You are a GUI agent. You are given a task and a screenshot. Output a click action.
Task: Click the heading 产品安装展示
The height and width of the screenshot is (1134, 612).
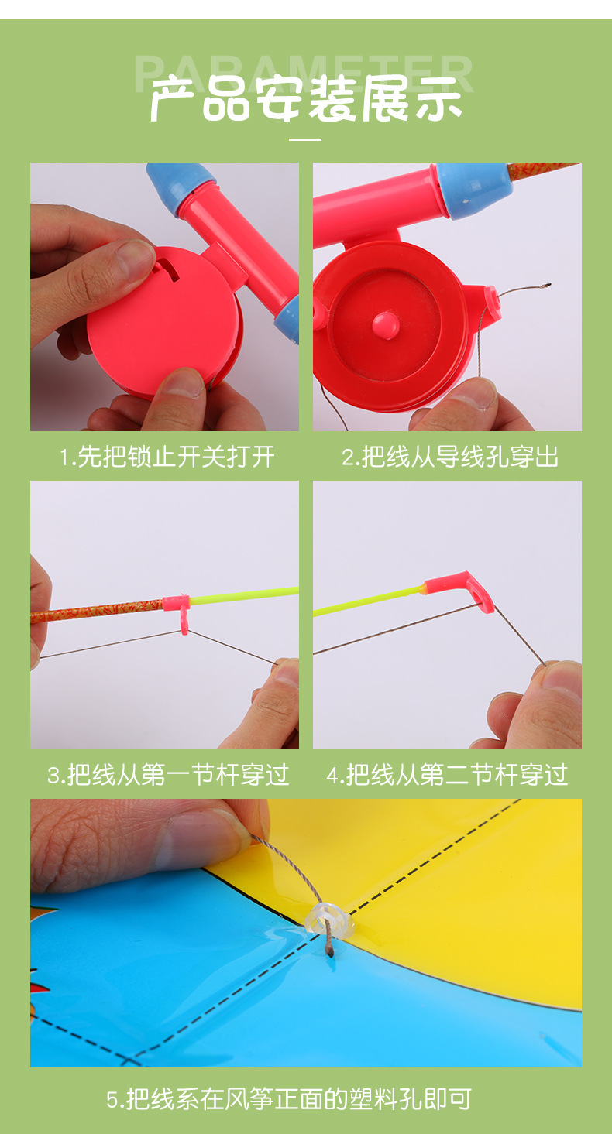tap(306, 99)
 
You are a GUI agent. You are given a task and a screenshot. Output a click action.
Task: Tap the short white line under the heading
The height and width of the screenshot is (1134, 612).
tap(305, 139)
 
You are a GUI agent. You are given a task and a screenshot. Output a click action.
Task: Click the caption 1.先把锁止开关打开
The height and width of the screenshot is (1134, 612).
tap(167, 457)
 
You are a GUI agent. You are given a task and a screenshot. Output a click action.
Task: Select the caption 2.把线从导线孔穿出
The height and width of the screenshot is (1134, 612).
tap(450, 457)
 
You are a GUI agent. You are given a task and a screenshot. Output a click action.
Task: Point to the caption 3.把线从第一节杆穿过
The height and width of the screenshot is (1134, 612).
tap(168, 775)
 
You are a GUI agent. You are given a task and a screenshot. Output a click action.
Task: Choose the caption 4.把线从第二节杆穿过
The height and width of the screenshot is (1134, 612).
tap(447, 775)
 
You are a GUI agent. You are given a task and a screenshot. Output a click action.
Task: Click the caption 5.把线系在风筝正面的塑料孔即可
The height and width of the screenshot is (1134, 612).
tap(288, 1098)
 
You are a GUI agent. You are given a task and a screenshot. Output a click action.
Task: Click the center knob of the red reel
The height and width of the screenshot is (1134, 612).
tap(385, 324)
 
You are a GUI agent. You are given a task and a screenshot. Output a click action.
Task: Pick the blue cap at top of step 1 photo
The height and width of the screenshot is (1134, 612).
tap(180, 181)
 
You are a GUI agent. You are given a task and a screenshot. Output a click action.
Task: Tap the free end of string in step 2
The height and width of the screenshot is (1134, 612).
tap(548, 285)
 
